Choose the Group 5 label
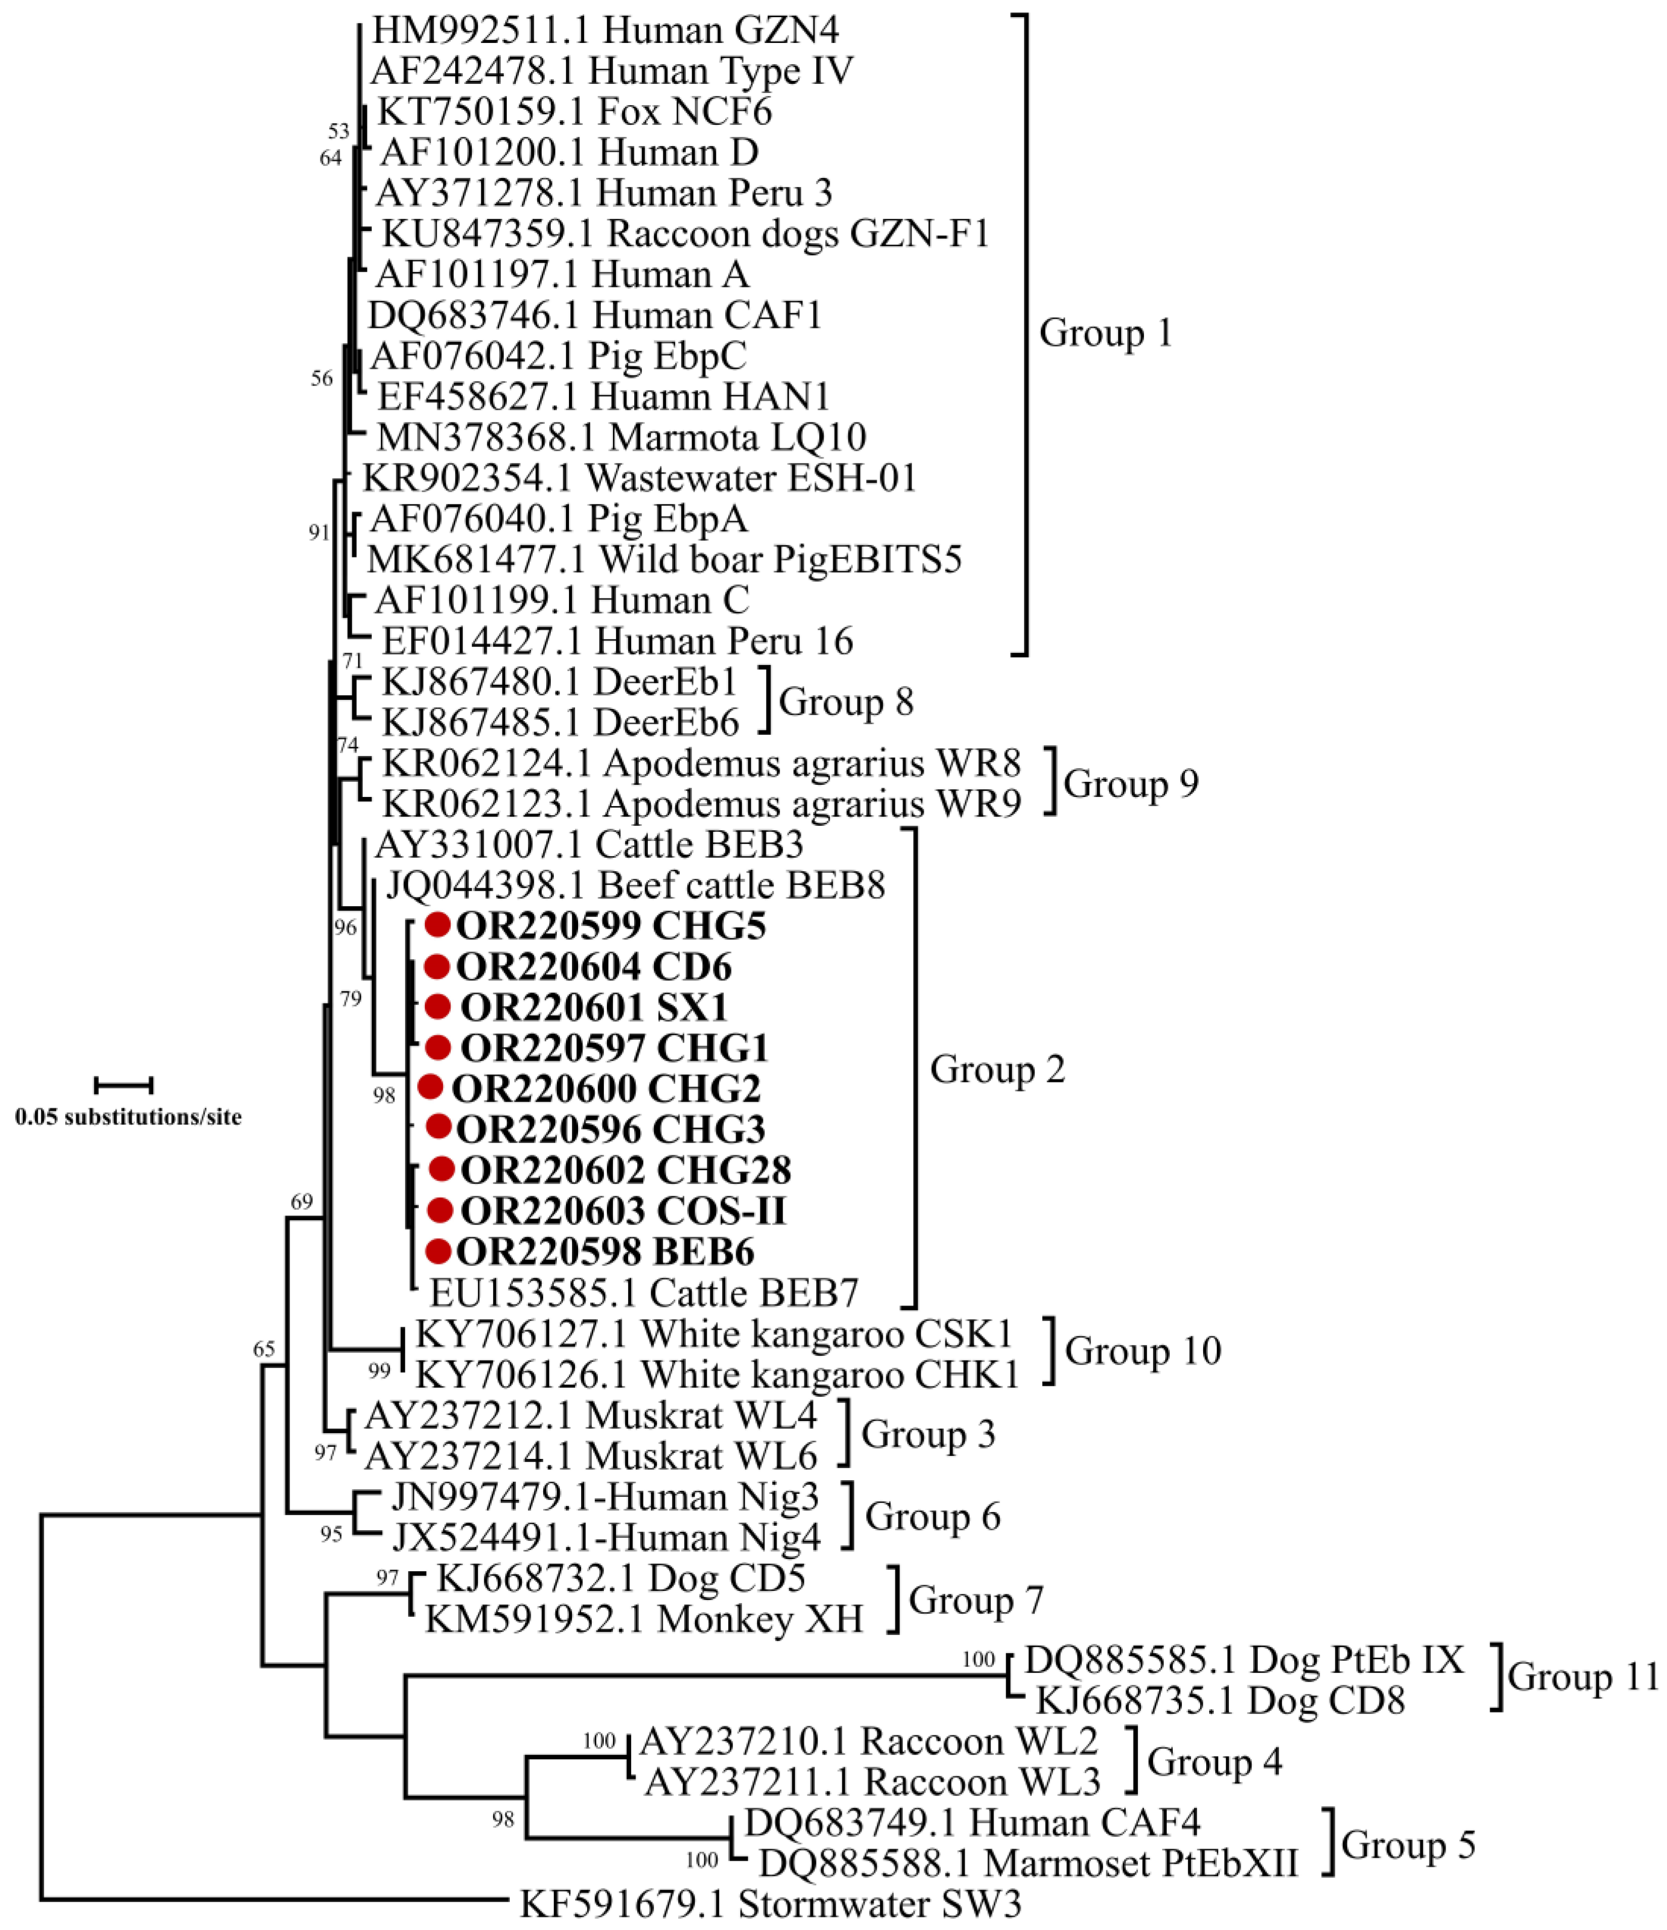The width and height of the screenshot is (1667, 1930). [1408, 1844]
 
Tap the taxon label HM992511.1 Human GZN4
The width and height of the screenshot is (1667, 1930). [605, 31]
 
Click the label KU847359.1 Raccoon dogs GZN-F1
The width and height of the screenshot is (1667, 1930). [685, 233]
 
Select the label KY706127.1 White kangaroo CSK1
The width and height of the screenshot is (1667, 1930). [713, 1334]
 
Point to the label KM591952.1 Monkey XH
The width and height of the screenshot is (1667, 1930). [644, 1619]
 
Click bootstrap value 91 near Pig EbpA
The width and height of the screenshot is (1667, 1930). [319, 532]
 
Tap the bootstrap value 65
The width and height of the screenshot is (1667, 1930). [264, 1349]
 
